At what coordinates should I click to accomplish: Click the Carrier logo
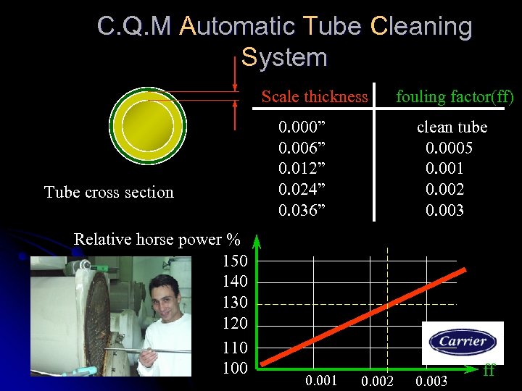point(462,342)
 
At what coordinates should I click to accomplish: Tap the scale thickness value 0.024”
point(302,190)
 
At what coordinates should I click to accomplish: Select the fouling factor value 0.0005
point(449,148)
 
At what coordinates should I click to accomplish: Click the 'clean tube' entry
point(452,127)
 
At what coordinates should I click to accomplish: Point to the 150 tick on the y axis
point(235,261)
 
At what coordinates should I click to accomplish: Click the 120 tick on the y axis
point(235,323)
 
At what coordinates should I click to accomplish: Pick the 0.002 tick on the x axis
point(377,381)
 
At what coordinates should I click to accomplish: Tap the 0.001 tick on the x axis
point(320,381)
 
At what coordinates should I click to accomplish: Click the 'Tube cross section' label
point(109,193)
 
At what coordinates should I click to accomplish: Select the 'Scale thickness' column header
point(315,97)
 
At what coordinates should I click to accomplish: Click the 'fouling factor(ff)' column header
point(455,97)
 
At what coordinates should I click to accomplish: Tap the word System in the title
point(284,57)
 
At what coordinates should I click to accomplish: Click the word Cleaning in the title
point(421,27)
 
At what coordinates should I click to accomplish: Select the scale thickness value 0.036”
point(302,211)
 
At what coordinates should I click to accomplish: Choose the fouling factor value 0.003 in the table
point(444,211)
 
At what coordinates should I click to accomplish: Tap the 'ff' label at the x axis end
point(489,370)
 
